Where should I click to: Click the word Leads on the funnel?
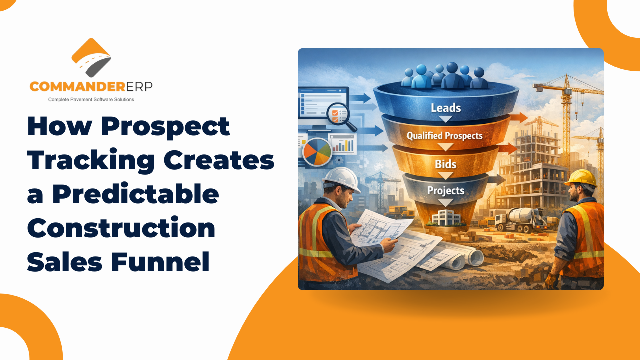[x=446, y=108]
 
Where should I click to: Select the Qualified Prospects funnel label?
[x=444, y=135]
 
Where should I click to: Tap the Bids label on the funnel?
[x=445, y=164]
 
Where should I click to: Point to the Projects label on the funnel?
[x=445, y=190]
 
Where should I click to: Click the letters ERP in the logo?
[x=137, y=86]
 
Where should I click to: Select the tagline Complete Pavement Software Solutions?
[x=91, y=100]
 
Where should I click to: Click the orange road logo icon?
[x=91, y=57]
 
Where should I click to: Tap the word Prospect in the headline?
[x=165, y=127]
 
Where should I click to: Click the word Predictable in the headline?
[x=135, y=195]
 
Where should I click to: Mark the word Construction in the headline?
[x=121, y=228]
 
